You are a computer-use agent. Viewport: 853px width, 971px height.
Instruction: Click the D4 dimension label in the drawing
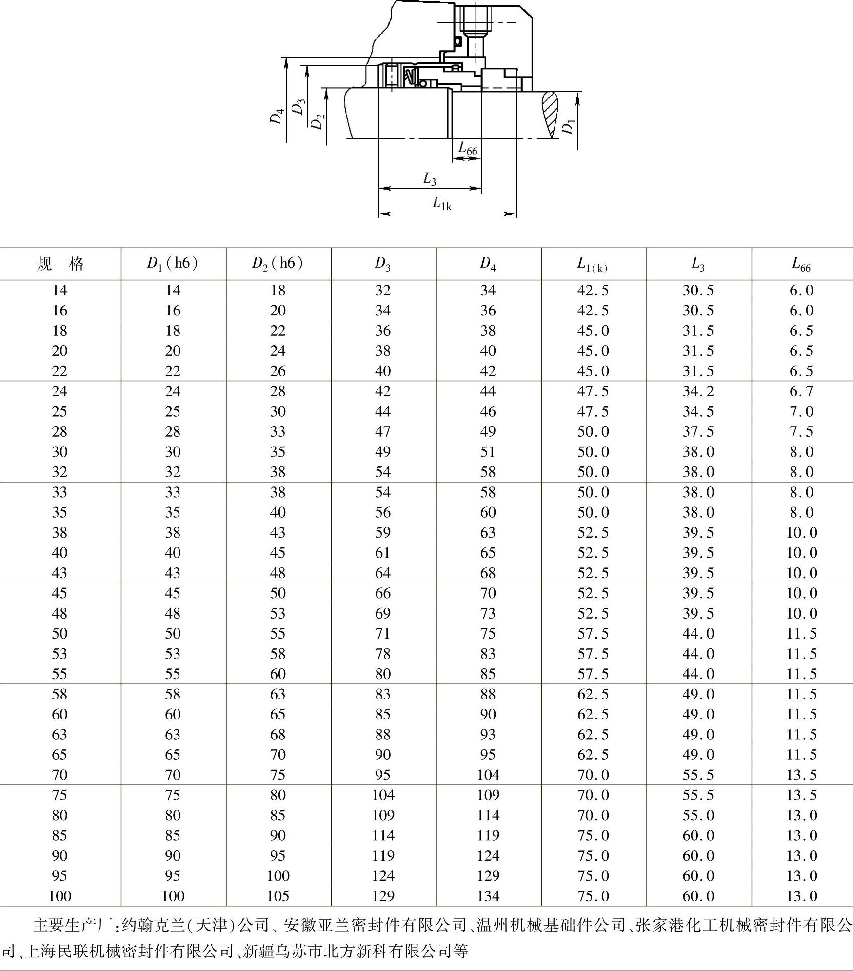tap(277, 116)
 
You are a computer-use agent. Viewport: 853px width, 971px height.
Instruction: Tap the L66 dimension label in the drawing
tap(468, 148)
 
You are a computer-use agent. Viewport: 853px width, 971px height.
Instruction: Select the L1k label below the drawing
tap(442, 203)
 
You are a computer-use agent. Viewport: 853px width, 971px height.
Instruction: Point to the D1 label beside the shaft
tap(568, 127)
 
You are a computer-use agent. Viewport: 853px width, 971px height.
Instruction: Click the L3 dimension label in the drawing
tap(429, 179)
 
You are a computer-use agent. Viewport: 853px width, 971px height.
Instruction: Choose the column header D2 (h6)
tap(278, 264)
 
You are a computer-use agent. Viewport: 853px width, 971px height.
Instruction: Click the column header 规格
tap(60, 264)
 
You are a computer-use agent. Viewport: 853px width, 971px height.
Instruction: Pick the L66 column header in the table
tap(801, 264)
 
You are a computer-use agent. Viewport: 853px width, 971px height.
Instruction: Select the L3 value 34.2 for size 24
tap(698, 391)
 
